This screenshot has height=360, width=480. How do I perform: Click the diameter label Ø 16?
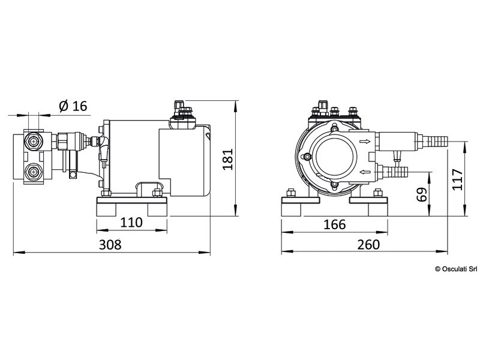[x=73, y=107]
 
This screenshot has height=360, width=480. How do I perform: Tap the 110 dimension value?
[x=131, y=223]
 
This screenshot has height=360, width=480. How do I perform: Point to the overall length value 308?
[x=110, y=244]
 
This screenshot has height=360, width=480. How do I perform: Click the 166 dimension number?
[x=334, y=224]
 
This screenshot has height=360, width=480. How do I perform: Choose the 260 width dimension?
[x=368, y=244]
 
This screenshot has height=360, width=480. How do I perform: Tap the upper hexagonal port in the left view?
[x=32, y=143]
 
